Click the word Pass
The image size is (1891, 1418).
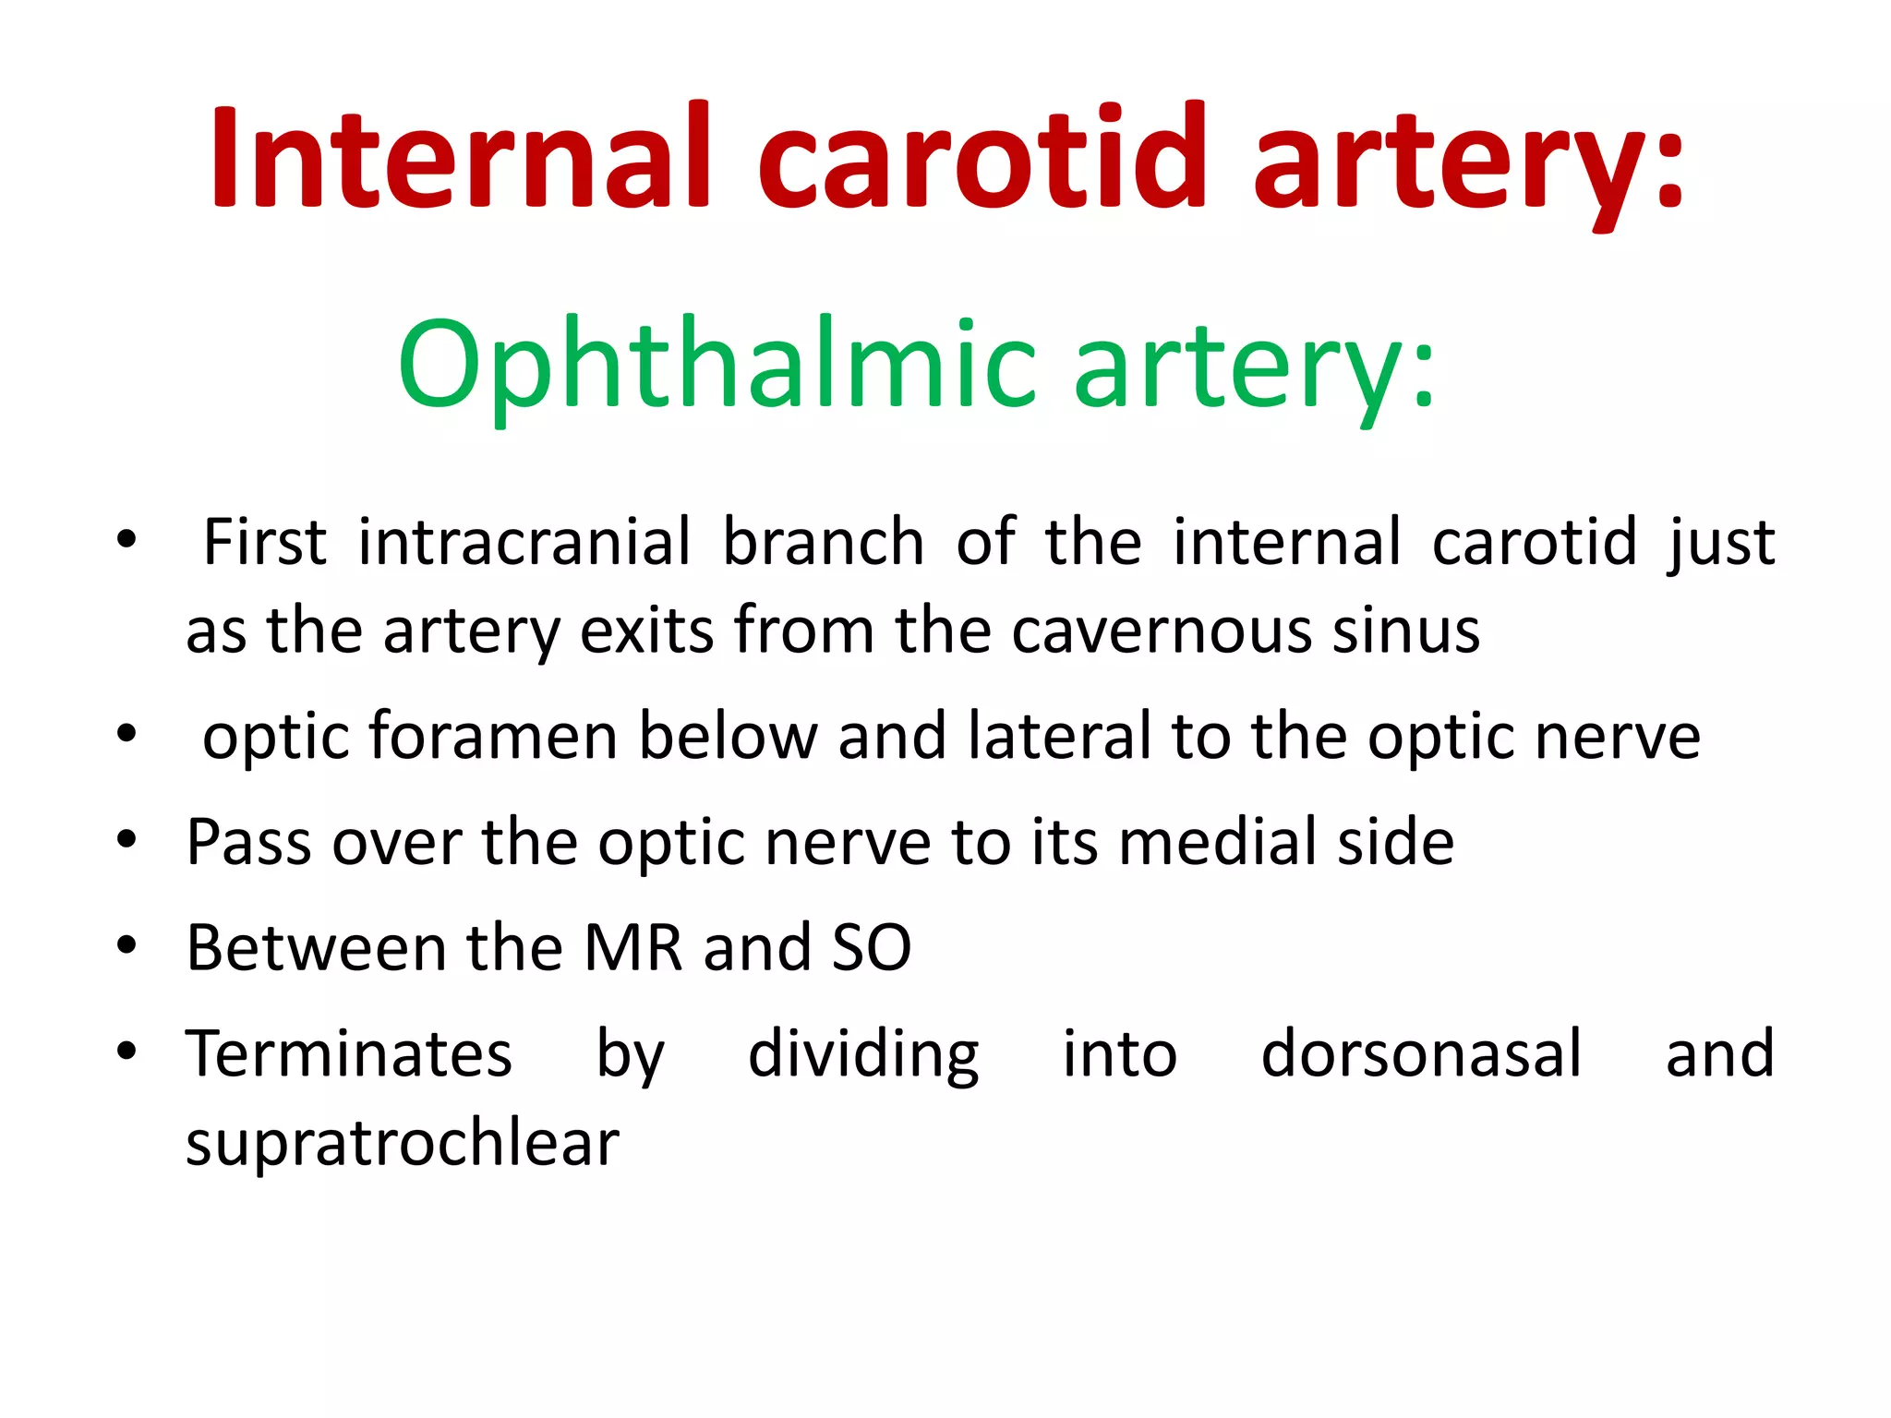click(x=248, y=842)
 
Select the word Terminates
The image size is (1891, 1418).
click(x=349, y=1053)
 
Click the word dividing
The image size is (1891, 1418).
click(x=863, y=1053)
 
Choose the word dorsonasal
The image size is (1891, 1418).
click(x=1421, y=1053)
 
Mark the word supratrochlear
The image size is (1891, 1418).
click(x=403, y=1144)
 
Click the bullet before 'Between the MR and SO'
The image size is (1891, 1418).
click(x=127, y=945)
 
